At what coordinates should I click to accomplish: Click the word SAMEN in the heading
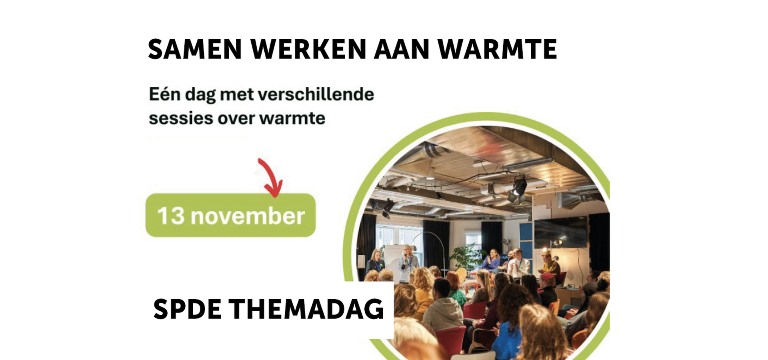pyautogui.click(x=195, y=50)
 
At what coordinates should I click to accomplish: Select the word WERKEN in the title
pyautogui.click(x=308, y=50)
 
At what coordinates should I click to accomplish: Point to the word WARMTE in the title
pyautogui.click(x=498, y=50)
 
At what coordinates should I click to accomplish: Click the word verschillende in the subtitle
pyautogui.click(x=316, y=95)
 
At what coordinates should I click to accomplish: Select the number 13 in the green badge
pyautogui.click(x=171, y=216)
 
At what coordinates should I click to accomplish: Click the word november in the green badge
pyautogui.click(x=248, y=216)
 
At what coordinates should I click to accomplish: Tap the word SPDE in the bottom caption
pyautogui.click(x=187, y=309)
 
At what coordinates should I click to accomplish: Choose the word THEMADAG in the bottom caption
pyautogui.click(x=306, y=309)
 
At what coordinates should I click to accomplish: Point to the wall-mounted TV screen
pyautogui.click(x=560, y=232)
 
